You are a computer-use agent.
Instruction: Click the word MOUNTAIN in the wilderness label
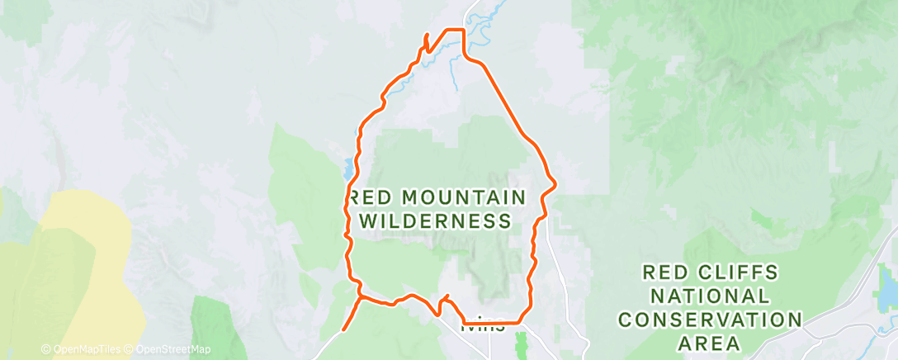[x=464, y=197]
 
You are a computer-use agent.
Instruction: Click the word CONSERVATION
[x=710, y=319]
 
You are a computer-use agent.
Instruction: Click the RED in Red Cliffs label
[x=665, y=272]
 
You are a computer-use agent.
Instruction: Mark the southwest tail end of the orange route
[x=343, y=330]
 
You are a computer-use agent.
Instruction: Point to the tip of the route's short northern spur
[x=425, y=34]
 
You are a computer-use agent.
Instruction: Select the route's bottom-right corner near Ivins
[x=520, y=322]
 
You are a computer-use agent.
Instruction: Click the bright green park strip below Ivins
[x=520, y=345]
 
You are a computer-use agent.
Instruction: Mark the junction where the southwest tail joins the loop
[x=361, y=296]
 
